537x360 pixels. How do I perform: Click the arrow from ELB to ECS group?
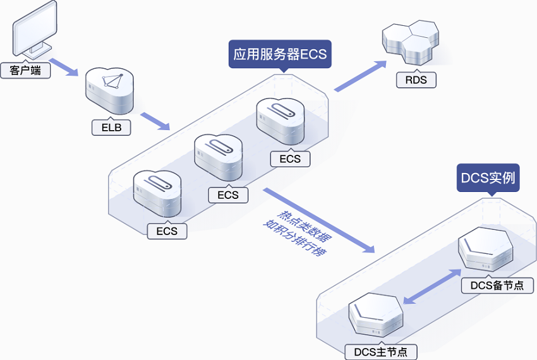[x=155, y=122]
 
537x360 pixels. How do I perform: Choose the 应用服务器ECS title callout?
[x=280, y=54]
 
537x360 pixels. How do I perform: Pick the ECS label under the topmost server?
[x=290, y=159]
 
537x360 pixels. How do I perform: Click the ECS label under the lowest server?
[x=167, y=231]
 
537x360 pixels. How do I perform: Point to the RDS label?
[x=416, y=80]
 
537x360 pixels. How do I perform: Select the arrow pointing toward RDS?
[x=360, y=77]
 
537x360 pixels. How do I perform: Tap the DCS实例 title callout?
[x=488, y=179]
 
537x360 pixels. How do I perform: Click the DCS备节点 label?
[x=497, y=285]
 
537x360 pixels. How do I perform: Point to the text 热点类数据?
[x=305, y=224]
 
